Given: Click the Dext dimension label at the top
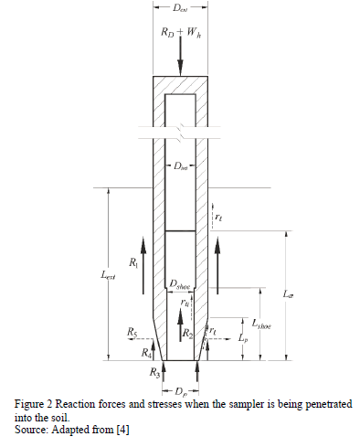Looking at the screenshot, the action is pyautogui.click(x=180, y=8).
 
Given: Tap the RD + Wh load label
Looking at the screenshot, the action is pyautogui.click(x=181, y=32).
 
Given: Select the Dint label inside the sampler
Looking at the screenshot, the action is pyautogui.click(x=181, y=166).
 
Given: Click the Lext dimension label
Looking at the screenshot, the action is pyautogui.click(x=108, y=275).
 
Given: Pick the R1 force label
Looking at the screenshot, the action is pyautogui.click(x=133, y=262).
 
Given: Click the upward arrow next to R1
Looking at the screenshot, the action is pyautogui.click(x=143, y=265).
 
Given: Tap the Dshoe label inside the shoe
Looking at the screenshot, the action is pyautogui.click(x=180, y=285).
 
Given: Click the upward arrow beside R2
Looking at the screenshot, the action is pyautogui.click(x=181, y=325).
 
